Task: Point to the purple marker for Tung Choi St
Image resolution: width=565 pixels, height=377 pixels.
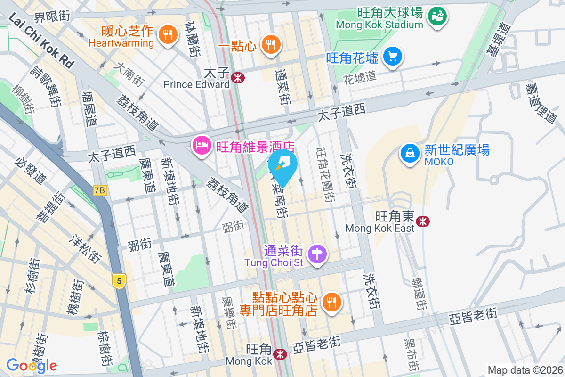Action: tap(317, 255)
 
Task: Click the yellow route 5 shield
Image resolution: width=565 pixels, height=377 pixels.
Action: tap(119, 281)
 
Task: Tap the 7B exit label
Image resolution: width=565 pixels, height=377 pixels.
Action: tap(100, 190)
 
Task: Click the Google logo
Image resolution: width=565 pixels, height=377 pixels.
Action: tap(32, 365)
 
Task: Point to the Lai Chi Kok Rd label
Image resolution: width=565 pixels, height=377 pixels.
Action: tap(42, 41)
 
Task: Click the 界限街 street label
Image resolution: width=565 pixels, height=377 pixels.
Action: tap(52, 16)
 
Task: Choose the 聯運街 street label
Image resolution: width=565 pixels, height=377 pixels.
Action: tap(418, 292)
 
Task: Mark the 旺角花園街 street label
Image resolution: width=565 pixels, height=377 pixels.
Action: tap(325, 174)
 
